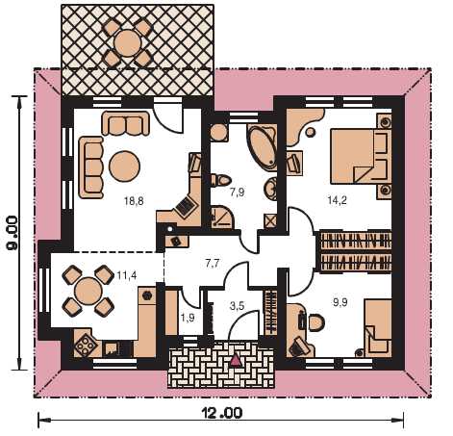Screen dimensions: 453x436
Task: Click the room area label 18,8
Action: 134,201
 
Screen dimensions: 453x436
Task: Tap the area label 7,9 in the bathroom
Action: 238,192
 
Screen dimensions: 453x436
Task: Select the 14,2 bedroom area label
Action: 337,200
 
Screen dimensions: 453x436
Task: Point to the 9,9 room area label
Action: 340,302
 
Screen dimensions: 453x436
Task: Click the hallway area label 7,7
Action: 213,264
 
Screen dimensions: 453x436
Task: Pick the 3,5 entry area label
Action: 238,306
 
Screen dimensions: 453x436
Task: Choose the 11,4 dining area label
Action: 127,275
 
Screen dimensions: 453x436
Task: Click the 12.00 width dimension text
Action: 222,413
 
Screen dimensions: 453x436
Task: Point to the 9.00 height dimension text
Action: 13,232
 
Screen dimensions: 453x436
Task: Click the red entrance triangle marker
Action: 237,360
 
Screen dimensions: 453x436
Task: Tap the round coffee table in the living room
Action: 124,166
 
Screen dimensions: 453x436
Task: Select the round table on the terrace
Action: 128,43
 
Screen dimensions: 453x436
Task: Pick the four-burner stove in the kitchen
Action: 85,346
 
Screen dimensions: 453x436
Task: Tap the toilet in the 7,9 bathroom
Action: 221,180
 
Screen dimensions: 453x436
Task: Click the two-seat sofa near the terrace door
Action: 126,123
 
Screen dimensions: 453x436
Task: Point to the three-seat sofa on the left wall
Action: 91,167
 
